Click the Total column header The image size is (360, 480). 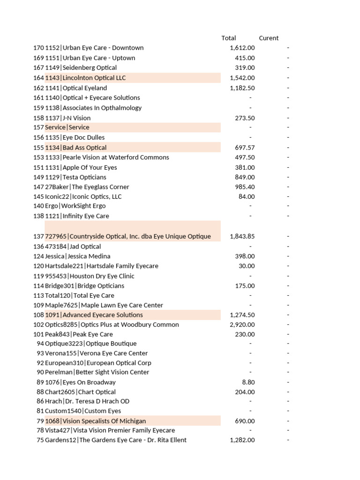pyautogui.click(x=229, y=38)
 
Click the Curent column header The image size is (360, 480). pyautogui.click(x=269, y=38)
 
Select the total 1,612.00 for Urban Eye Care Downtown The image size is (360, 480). pyautogui.click(x=242, y=48)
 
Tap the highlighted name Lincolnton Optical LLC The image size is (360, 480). pyautogui.click(x=94, y=78)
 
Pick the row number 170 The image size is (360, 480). pyautogui.click(x=38, y=48)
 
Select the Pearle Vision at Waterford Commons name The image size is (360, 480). pyautogui.click(x=115, y=157)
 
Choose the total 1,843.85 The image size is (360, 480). pyautogui.click(x=242, y=236)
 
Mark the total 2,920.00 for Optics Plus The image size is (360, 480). pyautogui.click(x=242, y=325)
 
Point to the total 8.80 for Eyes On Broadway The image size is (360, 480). pyautogui.click(x=248, y=382)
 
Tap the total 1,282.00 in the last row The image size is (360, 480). pyautogui.click(x=242, y=440)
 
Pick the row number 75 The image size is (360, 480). pyautogui.click(x=40, y=440)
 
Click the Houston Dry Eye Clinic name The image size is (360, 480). pyautogui.click(x=101, y=276)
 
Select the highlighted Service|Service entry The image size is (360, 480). pyautogui.click(x=67, y=127)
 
